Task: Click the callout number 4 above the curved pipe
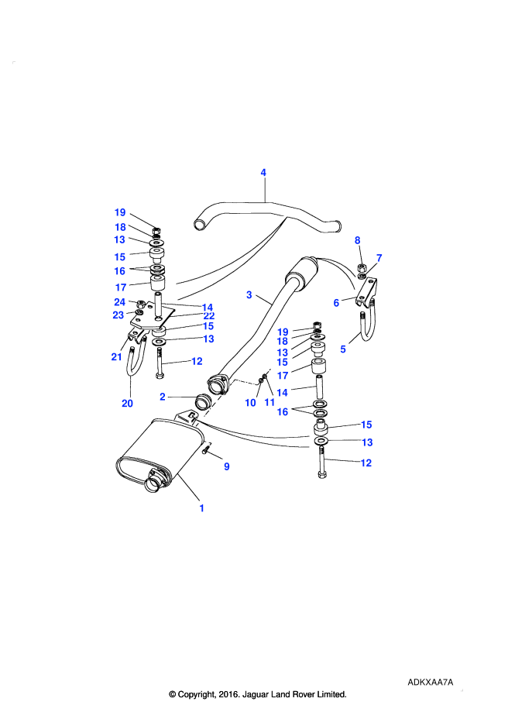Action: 263,173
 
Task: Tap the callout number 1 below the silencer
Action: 201,508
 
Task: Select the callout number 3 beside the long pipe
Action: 249,295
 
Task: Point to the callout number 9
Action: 226,466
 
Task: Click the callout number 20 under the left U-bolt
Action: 128,403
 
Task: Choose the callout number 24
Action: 120,301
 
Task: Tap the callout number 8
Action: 358,240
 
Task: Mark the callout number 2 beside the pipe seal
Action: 163,397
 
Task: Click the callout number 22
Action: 209,316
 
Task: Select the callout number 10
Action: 250,403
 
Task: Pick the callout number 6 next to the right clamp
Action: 336,303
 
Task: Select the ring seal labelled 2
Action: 202,401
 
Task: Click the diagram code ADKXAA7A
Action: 430,683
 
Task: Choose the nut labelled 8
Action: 361,267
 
